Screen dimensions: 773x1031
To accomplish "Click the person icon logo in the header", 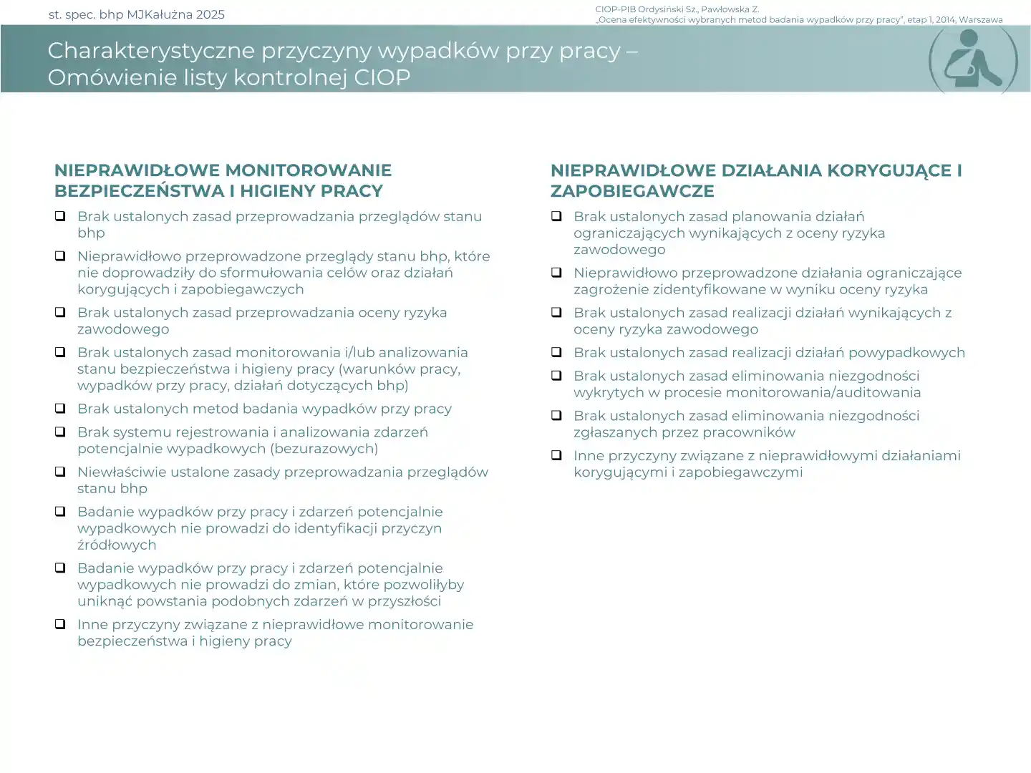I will tap(973, 61).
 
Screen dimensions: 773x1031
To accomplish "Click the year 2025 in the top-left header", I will tap(210, 14).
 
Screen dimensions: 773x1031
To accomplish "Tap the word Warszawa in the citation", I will tap(981, 20).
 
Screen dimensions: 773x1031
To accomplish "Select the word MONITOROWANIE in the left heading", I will tap(309, 170).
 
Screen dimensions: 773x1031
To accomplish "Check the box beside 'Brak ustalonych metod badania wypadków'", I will tap(61, 408).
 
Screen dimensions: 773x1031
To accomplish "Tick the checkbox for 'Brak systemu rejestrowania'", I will tap(61, 432).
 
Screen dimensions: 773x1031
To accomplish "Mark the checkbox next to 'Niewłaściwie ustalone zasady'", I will tap(61, 472).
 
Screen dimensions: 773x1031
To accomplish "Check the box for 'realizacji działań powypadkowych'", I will tap(556, 352).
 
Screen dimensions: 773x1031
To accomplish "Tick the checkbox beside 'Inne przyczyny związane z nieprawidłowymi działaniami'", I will tap(556, 455).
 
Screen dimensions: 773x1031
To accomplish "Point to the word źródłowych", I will tap(117, 545).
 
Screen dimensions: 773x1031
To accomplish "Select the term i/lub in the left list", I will tap(359, 352).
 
